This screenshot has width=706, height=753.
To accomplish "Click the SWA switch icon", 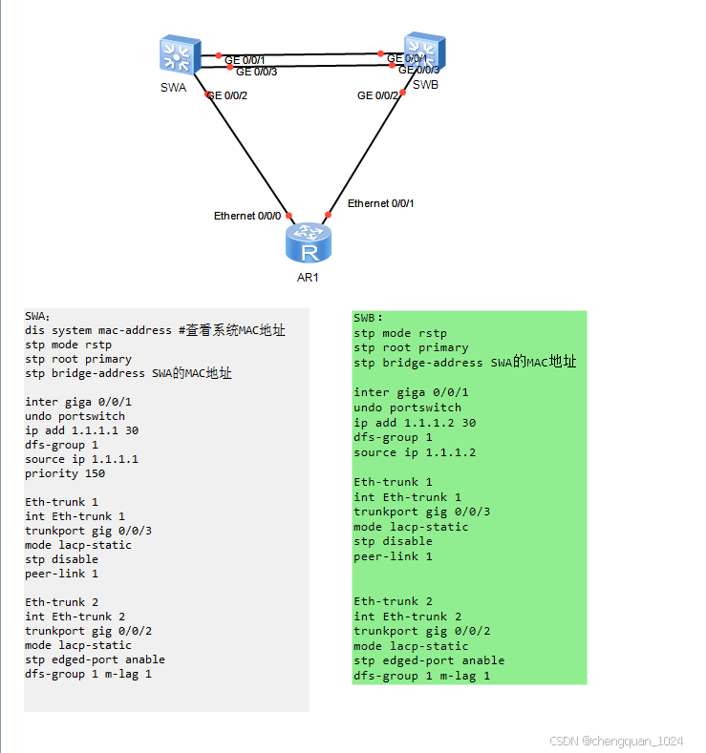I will pos(180,55).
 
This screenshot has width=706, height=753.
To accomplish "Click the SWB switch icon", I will pos(423,52).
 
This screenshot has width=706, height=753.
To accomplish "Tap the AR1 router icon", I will pos(309,244).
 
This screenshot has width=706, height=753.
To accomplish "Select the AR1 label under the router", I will pos(308,278).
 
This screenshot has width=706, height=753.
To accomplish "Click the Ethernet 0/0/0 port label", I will pos(247,216).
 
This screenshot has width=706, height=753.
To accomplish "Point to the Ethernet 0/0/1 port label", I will pos(380,203).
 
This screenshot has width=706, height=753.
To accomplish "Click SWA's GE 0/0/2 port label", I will pos(228,95).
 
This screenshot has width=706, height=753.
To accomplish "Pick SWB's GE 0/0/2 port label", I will pos(377,95).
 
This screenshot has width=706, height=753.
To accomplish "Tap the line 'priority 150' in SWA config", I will pos(65,473).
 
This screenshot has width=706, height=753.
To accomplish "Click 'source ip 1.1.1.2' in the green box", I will pos(415,451).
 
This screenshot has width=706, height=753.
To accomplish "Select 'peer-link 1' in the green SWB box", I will pos(393,555).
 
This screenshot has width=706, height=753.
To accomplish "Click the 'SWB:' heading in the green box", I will pos(368,318).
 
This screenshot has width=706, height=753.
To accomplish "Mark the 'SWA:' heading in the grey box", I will pos(38,316).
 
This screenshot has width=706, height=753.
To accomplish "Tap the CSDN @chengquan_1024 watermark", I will pos(617,741).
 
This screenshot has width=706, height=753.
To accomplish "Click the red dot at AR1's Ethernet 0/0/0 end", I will pos(289,216).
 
